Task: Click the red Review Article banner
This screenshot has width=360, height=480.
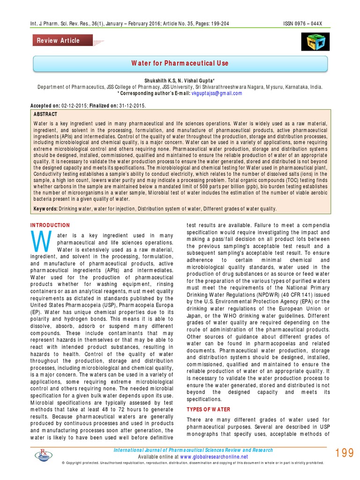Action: click(59, 40)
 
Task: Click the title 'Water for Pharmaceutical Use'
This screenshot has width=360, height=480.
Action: click(180, 63)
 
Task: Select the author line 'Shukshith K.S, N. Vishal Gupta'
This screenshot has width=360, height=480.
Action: click(180, 81)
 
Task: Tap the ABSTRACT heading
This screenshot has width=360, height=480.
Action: click(46, 114)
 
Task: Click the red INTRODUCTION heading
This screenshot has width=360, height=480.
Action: click(50, 225)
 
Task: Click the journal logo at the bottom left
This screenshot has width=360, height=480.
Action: click(46, 454)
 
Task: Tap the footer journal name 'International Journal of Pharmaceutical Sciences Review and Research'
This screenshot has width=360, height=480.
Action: click(194, 450)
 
